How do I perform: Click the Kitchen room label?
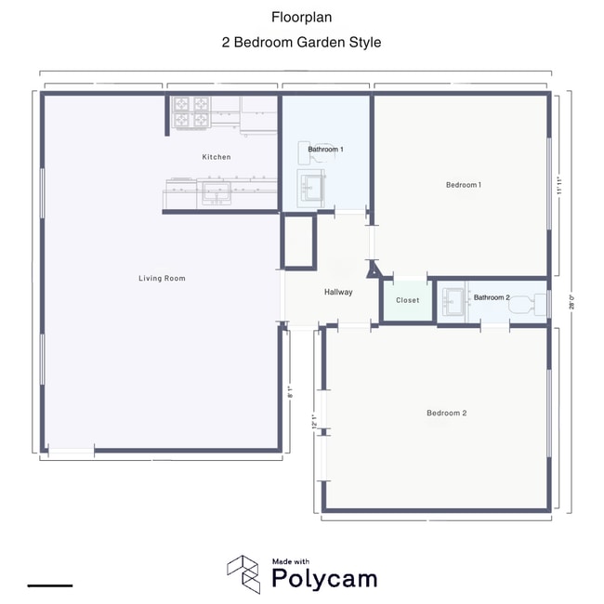217,157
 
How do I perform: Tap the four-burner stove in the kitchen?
191,112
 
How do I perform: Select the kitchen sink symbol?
217,193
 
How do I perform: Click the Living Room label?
162,278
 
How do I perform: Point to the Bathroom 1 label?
326,149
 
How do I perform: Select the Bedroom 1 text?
464,185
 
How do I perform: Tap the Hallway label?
338,292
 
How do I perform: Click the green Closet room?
407,301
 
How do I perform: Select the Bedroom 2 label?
446,413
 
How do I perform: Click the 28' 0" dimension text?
572,301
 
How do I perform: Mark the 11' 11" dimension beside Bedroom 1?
558,185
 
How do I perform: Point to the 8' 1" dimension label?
290,392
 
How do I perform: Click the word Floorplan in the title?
301,17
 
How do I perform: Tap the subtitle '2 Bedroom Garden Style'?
301,42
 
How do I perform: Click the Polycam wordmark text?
324,578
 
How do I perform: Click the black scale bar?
50,585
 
